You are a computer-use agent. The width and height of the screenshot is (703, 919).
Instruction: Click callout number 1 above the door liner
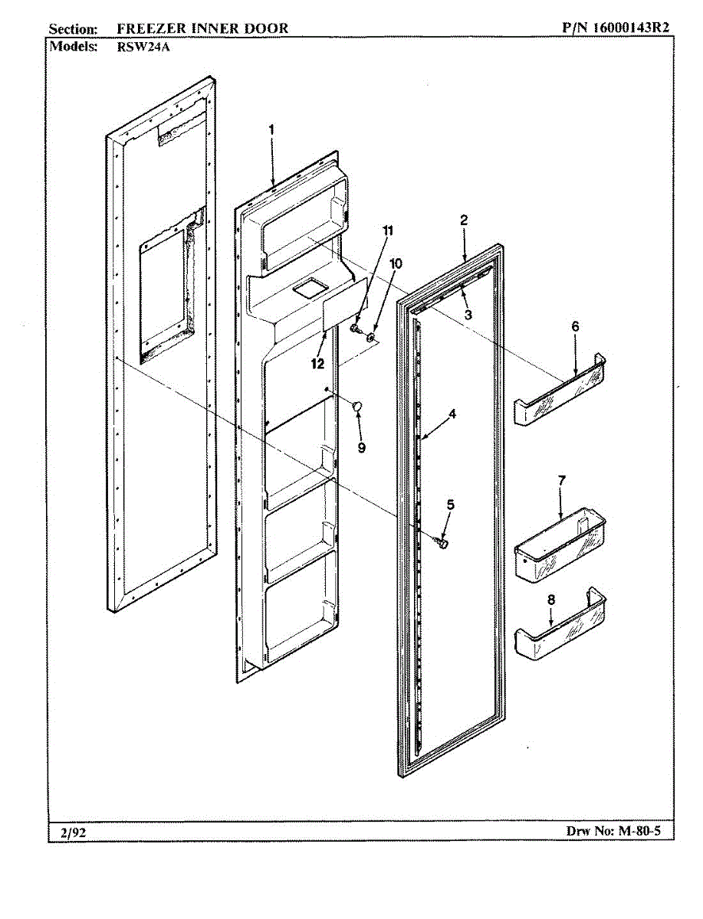[271, 130]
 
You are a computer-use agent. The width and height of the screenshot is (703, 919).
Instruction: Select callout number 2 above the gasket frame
[464, 221]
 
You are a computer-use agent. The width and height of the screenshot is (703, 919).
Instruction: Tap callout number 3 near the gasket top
[468, 314]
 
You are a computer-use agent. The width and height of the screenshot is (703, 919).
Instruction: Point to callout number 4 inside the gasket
[453, 414]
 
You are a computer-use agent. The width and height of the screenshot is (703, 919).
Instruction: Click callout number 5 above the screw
[451, 504]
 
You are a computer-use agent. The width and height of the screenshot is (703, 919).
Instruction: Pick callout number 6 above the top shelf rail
[575, 326]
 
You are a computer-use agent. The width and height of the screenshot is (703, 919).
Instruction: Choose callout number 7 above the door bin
[562, 480]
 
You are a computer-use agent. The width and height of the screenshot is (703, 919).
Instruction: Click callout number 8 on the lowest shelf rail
[550, 600]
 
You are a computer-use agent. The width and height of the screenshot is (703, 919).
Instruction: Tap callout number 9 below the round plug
[361, 446]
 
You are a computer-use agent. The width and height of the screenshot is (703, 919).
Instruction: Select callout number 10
[396, 263]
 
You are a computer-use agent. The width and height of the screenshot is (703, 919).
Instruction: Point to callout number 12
[317, 364]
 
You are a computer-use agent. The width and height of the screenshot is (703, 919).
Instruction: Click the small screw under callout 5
[443, 542]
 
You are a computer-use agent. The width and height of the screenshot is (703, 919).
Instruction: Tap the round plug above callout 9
[357, 406]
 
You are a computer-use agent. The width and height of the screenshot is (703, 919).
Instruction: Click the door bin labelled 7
[558, 551]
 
